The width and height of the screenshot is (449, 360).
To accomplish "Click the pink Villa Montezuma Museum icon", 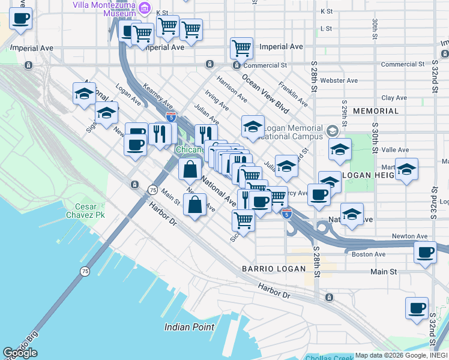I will click(144, 8).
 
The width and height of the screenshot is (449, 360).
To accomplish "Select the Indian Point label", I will click(190, 327).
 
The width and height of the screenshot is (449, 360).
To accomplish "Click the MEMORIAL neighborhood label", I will click(376, 111).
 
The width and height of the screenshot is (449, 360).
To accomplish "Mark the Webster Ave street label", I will click(339, 80).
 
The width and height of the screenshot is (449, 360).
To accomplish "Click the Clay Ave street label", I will click(394, 97).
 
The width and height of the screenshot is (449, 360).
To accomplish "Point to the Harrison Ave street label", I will click(232, 88).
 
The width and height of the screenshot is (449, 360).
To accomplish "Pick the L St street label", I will click(327, 28).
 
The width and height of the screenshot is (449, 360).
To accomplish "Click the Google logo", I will click(20, 352).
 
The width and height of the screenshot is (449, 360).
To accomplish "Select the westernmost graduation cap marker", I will click(85, 94).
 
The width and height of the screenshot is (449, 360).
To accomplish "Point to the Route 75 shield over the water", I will click(83, 272).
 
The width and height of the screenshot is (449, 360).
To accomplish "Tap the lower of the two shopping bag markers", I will click(196, 206).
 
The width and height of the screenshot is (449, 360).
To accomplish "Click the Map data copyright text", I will click(401, 355).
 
